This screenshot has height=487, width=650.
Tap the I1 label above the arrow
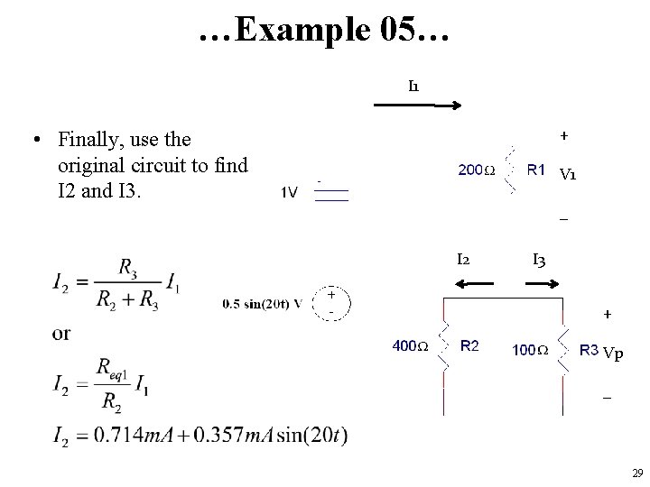(x=413, y=87)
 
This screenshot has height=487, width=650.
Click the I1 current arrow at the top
(x=418, y=106)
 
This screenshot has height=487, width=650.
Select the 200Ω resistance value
(x=477, y=169)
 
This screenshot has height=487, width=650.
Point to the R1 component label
(x=535, y=168)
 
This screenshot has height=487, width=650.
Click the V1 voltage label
(x=569, y=175)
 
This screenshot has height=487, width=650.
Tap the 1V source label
(x=290, y=191)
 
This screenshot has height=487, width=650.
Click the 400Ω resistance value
(x=409, y=345)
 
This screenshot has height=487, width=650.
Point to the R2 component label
(x=470, y=345)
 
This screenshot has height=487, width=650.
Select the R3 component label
(x=589, y=348)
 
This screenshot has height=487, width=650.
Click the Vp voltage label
(x=613, y=353)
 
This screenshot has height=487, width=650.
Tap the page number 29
(x=637, y=473)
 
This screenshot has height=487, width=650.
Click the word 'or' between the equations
(x=61, y=334)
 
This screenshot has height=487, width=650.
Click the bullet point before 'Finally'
(x=33, y=140)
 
